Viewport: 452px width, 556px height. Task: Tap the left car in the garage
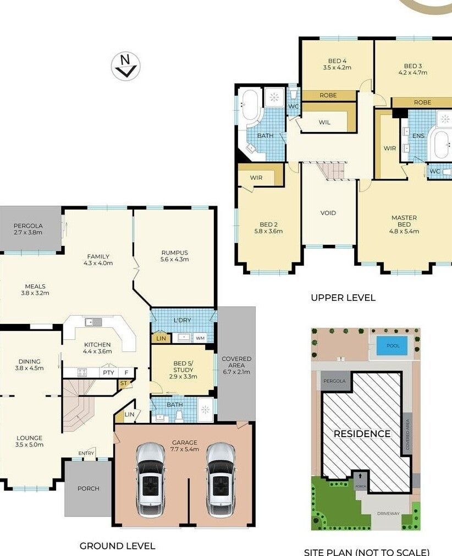pos(150,480)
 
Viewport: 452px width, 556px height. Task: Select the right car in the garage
pos(221,480)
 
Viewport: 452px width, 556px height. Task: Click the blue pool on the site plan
pos(392,345)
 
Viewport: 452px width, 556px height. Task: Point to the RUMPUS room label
pos(174,253)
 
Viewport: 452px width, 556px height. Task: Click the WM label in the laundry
pos(200,338)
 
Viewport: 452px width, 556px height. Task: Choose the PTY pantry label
pos(108,372)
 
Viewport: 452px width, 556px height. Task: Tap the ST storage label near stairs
pos(123,383)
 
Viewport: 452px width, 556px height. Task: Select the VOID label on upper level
pos(328,213)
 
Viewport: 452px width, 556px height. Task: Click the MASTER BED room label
pos(404,221)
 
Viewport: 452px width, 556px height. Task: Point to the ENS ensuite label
pos(418,136)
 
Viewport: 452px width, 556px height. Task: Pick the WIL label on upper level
pos(324,122)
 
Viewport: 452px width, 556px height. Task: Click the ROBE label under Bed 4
pos(328,95)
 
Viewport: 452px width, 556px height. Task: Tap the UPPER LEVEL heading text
pos(343,298)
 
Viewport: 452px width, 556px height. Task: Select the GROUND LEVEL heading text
pos(117,546)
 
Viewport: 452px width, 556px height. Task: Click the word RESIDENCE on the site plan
pos(362,434)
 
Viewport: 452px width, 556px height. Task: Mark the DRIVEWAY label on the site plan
pos(388,514)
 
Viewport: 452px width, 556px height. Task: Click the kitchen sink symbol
pos(93,322)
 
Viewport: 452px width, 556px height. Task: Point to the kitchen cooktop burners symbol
pos(82,372)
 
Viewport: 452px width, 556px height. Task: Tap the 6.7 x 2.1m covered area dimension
pos(236,372)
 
